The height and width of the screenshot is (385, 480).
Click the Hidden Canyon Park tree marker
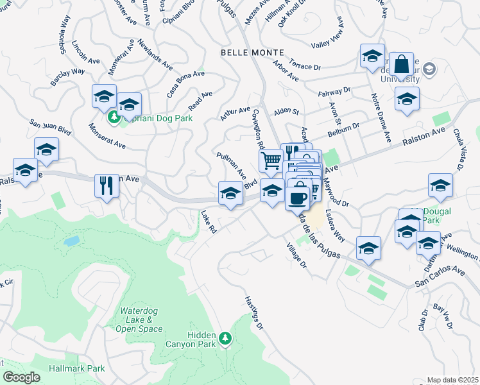225,338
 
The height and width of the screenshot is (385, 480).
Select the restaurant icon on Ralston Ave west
107,186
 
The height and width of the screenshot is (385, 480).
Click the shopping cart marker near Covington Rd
271,160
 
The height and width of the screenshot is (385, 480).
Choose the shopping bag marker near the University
401,65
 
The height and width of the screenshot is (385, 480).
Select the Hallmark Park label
76,368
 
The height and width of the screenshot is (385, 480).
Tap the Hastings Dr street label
254,313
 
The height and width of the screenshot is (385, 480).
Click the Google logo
21,377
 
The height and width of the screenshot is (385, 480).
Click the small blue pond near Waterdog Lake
72,241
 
